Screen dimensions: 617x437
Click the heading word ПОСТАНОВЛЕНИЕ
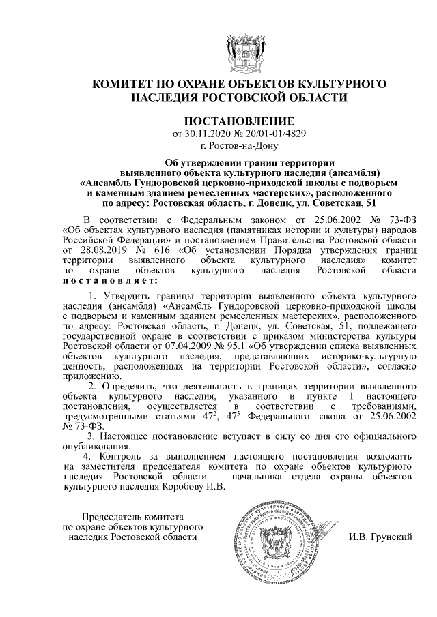tap(240, 119)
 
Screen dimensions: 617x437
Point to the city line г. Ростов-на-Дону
tap(240, 145)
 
